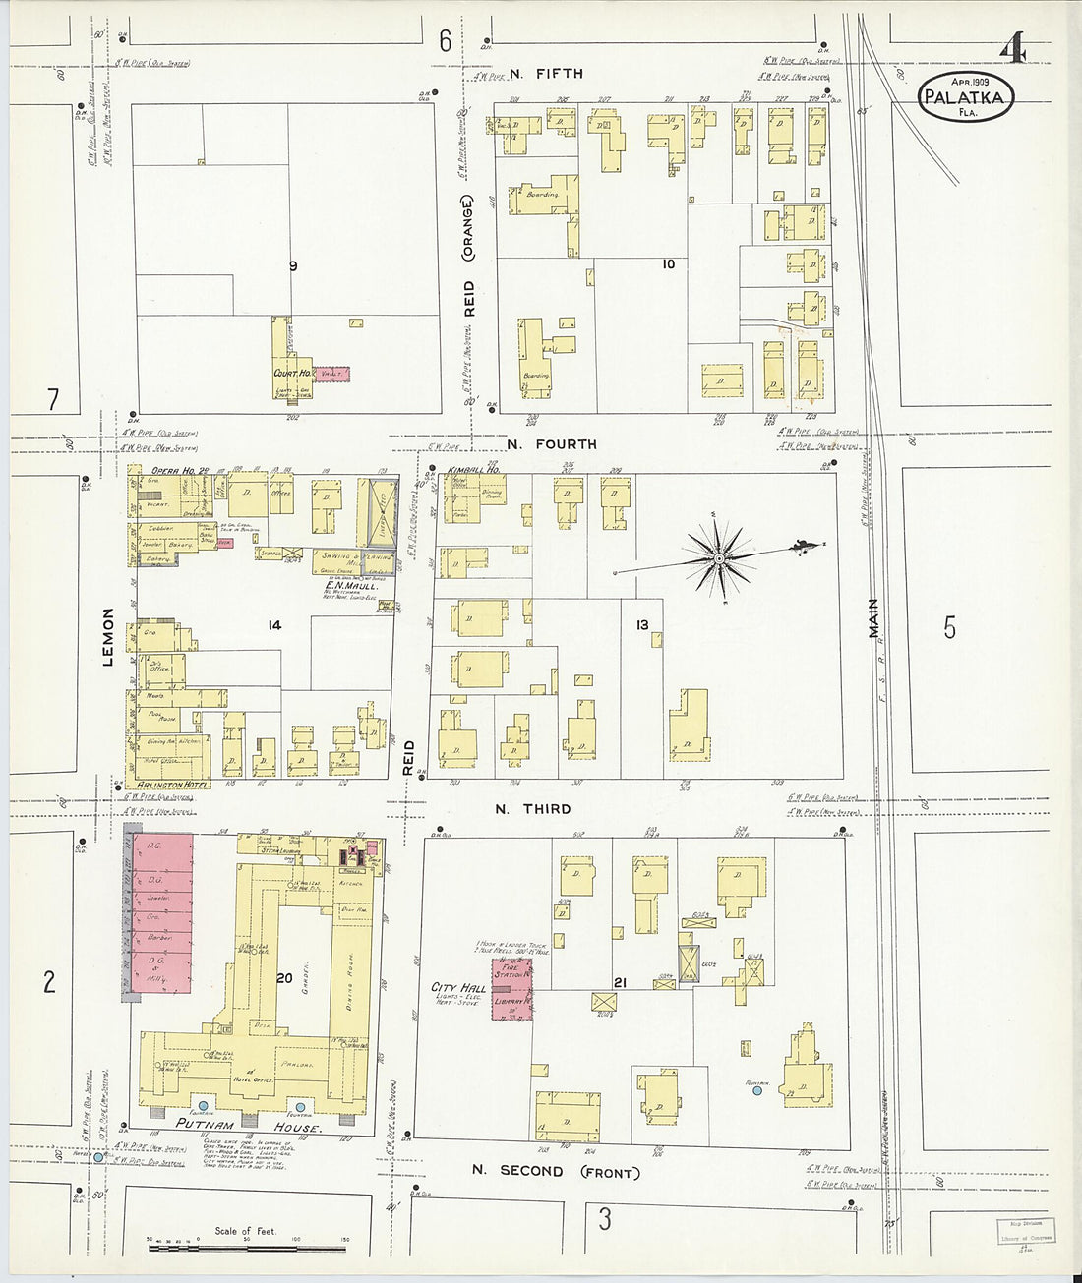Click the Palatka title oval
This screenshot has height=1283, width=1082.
966,96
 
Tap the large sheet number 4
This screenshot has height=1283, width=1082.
1012,48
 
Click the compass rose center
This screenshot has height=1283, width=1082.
720,558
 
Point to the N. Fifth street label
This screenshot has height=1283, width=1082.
546,74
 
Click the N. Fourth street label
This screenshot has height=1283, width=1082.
552,444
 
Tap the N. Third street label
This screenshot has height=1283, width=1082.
532,809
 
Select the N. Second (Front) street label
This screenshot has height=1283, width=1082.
555,1171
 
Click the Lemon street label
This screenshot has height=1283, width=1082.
108,636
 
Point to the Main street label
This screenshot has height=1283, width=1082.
872,618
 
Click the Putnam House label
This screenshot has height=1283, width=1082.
248,1127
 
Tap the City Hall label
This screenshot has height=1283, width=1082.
458,987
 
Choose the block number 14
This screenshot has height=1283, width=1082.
274,624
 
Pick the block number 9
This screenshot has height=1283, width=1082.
292,265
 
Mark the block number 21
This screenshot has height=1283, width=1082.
620,982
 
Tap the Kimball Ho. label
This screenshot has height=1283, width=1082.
474,470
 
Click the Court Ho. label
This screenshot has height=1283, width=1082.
292,374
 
